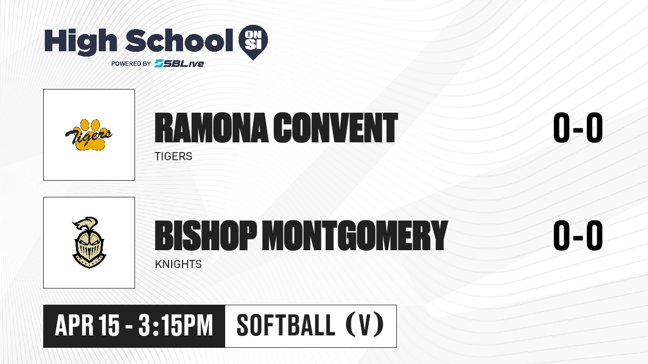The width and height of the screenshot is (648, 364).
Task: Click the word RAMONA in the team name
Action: coord(212,128)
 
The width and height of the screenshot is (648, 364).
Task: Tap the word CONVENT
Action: coord(336,128)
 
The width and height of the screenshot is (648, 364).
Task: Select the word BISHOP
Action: coord(206,235)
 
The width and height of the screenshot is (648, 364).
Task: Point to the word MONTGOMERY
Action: coord(355,235)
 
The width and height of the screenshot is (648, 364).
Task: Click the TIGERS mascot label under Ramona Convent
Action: coord(173,156)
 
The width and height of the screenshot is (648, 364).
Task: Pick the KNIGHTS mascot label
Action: coord(178,264)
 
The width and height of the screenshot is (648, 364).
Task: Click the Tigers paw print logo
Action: coord(89,135)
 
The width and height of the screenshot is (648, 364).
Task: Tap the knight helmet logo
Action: coord(89,243)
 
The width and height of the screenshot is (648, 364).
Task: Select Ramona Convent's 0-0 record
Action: coord(578,128)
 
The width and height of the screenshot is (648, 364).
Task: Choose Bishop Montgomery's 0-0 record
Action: coord(578,235)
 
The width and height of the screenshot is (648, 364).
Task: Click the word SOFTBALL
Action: coord(286,325)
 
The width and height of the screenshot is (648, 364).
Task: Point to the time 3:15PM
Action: coord(175,325)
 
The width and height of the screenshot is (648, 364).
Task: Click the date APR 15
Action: coord(87,325)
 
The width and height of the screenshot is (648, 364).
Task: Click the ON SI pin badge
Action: coord(253,42)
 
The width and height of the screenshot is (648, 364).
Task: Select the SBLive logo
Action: coord(179,64)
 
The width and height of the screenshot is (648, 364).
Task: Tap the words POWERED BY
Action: coord(131,64)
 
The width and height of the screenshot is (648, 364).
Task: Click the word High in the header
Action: coord(81,42)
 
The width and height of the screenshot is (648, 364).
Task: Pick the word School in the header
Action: coord(179,40)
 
